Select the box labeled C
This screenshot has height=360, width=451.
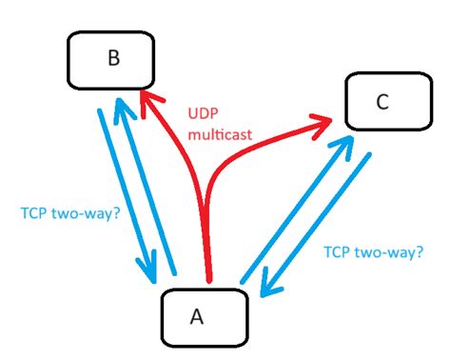click(381, 103)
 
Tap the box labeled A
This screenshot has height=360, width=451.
click(204, 317)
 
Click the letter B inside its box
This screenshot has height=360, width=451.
click(112, 59)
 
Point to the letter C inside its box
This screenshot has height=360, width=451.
click(382, 103)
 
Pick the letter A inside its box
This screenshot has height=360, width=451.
click(197, 317)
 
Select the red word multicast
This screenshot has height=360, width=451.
click(220, 135)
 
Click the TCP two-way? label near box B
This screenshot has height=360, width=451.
click(69, 215)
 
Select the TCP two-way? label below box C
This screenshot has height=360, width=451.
click(372, 254)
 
